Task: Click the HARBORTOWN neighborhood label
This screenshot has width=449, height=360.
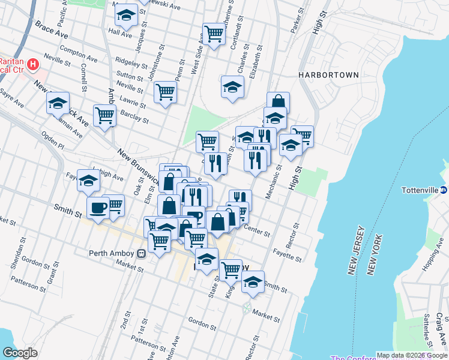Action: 329,75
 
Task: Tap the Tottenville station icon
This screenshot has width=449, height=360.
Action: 444,190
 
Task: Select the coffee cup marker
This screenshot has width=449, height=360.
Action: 98,208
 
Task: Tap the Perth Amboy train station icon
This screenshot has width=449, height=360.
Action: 141,253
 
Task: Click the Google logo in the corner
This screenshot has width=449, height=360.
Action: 20,353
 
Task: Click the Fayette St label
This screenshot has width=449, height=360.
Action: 287,254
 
